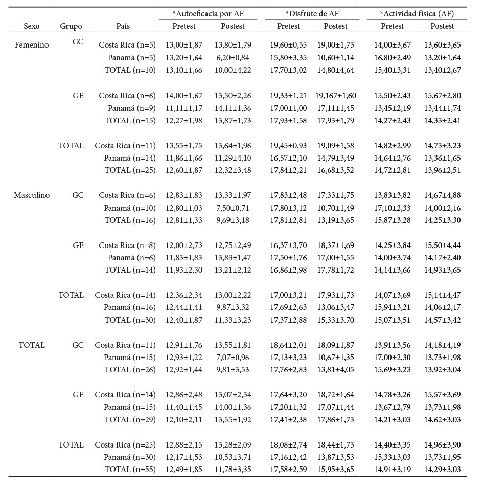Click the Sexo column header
point(32,26)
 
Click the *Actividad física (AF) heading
point(417,13)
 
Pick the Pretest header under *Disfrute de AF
point(289,26)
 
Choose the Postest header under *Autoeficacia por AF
point(233,26)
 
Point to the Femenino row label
point(32,45)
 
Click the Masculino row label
point(32,195)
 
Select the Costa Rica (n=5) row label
point(127,45)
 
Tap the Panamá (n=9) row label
point(132,108)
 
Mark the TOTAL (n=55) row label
point(130,470)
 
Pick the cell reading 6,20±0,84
point(233,57)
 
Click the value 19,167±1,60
point(336,95)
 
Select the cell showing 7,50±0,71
point(233,208)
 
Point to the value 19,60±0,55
point(289,45)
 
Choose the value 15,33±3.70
point(336,320)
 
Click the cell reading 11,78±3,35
point(233,470)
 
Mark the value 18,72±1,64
point(336,395)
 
